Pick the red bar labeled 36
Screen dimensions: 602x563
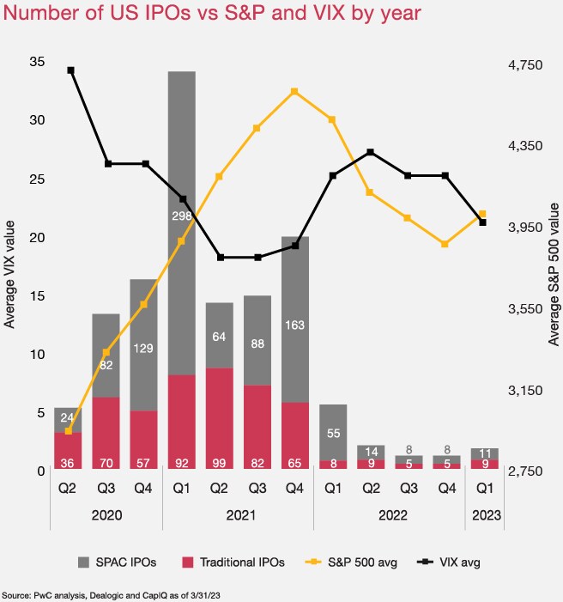(68, 450)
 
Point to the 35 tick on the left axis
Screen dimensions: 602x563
(36, 62)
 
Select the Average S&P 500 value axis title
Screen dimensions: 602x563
(554, 275)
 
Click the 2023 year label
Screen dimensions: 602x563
(483, 517)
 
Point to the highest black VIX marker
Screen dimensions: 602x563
(70, 70)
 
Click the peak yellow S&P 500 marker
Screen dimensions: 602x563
(294, 91)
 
